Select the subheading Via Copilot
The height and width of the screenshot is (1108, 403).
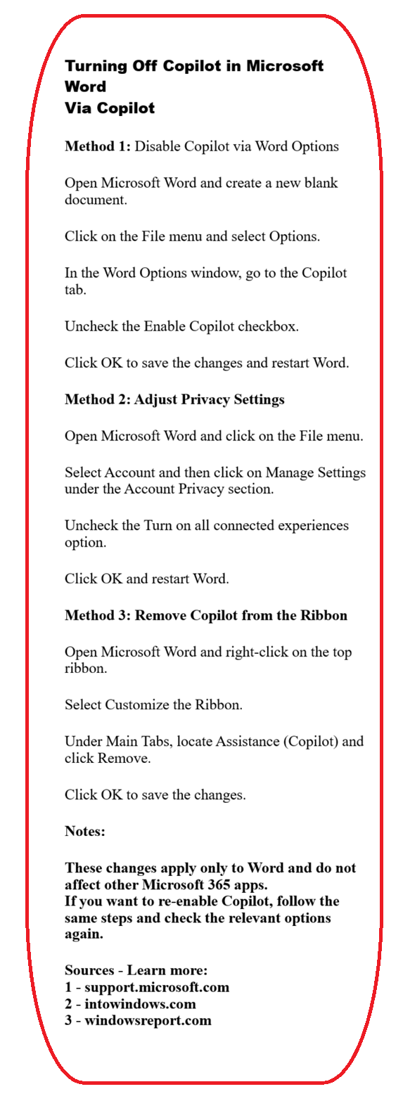tap(110, 108)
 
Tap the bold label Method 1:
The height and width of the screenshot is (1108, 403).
tap(98, 146)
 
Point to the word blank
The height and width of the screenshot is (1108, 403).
tap(321, 183)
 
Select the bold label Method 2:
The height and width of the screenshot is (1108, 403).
tap(98, 399)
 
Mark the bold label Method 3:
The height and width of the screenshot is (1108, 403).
tap(98, 615)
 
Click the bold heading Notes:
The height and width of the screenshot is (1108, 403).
tap(85, 831)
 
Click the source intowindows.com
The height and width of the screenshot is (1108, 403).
tap(140, 1004)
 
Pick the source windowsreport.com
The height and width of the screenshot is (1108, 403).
tap(148, 1020)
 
